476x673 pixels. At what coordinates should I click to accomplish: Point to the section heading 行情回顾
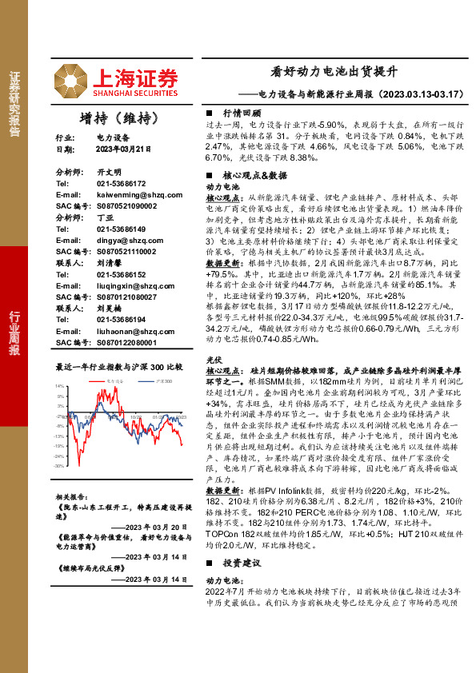pyautogui.click(x=242, y=113)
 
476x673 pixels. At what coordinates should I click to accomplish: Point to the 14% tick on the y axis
pyautogui.click(x=61, y=387)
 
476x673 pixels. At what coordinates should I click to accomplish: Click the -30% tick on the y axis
pyautogui.click(x=60, y=465)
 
